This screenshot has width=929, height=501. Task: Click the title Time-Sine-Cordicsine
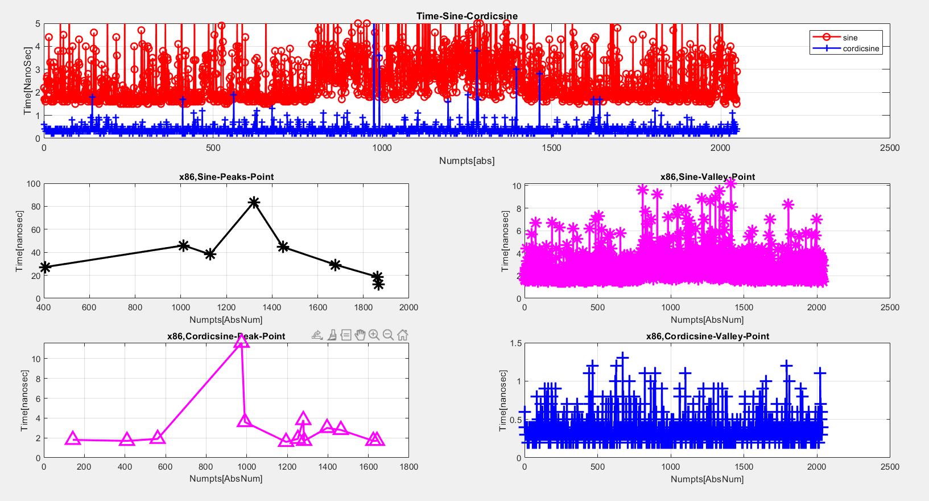pos(466,16)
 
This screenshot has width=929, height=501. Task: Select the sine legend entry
pos(850,38)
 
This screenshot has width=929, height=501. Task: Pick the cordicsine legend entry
pos(860,48)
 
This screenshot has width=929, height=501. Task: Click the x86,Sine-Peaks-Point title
pos(226,176)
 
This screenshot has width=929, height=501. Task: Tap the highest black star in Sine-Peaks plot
pos(254,202)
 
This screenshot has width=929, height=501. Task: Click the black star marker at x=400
pos(45,267)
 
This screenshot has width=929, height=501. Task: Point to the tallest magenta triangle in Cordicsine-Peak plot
pos(241,341)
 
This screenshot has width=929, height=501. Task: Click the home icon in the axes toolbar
pos(403,335)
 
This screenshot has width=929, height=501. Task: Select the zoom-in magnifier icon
pos(374,335)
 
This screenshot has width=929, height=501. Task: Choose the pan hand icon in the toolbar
pos(360,335)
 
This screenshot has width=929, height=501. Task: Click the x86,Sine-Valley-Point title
pos(707,176)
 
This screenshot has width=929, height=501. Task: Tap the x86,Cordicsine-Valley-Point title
pos(707,336)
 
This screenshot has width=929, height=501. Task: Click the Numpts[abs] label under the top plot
pos(466,161)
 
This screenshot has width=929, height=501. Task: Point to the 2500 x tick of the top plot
pos(889,148)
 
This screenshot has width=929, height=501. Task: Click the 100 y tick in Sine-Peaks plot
pos(34,184)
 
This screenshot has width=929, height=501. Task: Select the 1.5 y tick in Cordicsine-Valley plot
pos(515,343)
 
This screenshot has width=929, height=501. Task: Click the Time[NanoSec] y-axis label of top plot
pos(28,89)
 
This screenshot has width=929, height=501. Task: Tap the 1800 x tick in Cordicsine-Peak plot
pos(408,467)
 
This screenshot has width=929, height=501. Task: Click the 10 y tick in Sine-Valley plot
pos(517,186)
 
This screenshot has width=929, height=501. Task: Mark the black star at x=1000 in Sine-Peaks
pos(183,245)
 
